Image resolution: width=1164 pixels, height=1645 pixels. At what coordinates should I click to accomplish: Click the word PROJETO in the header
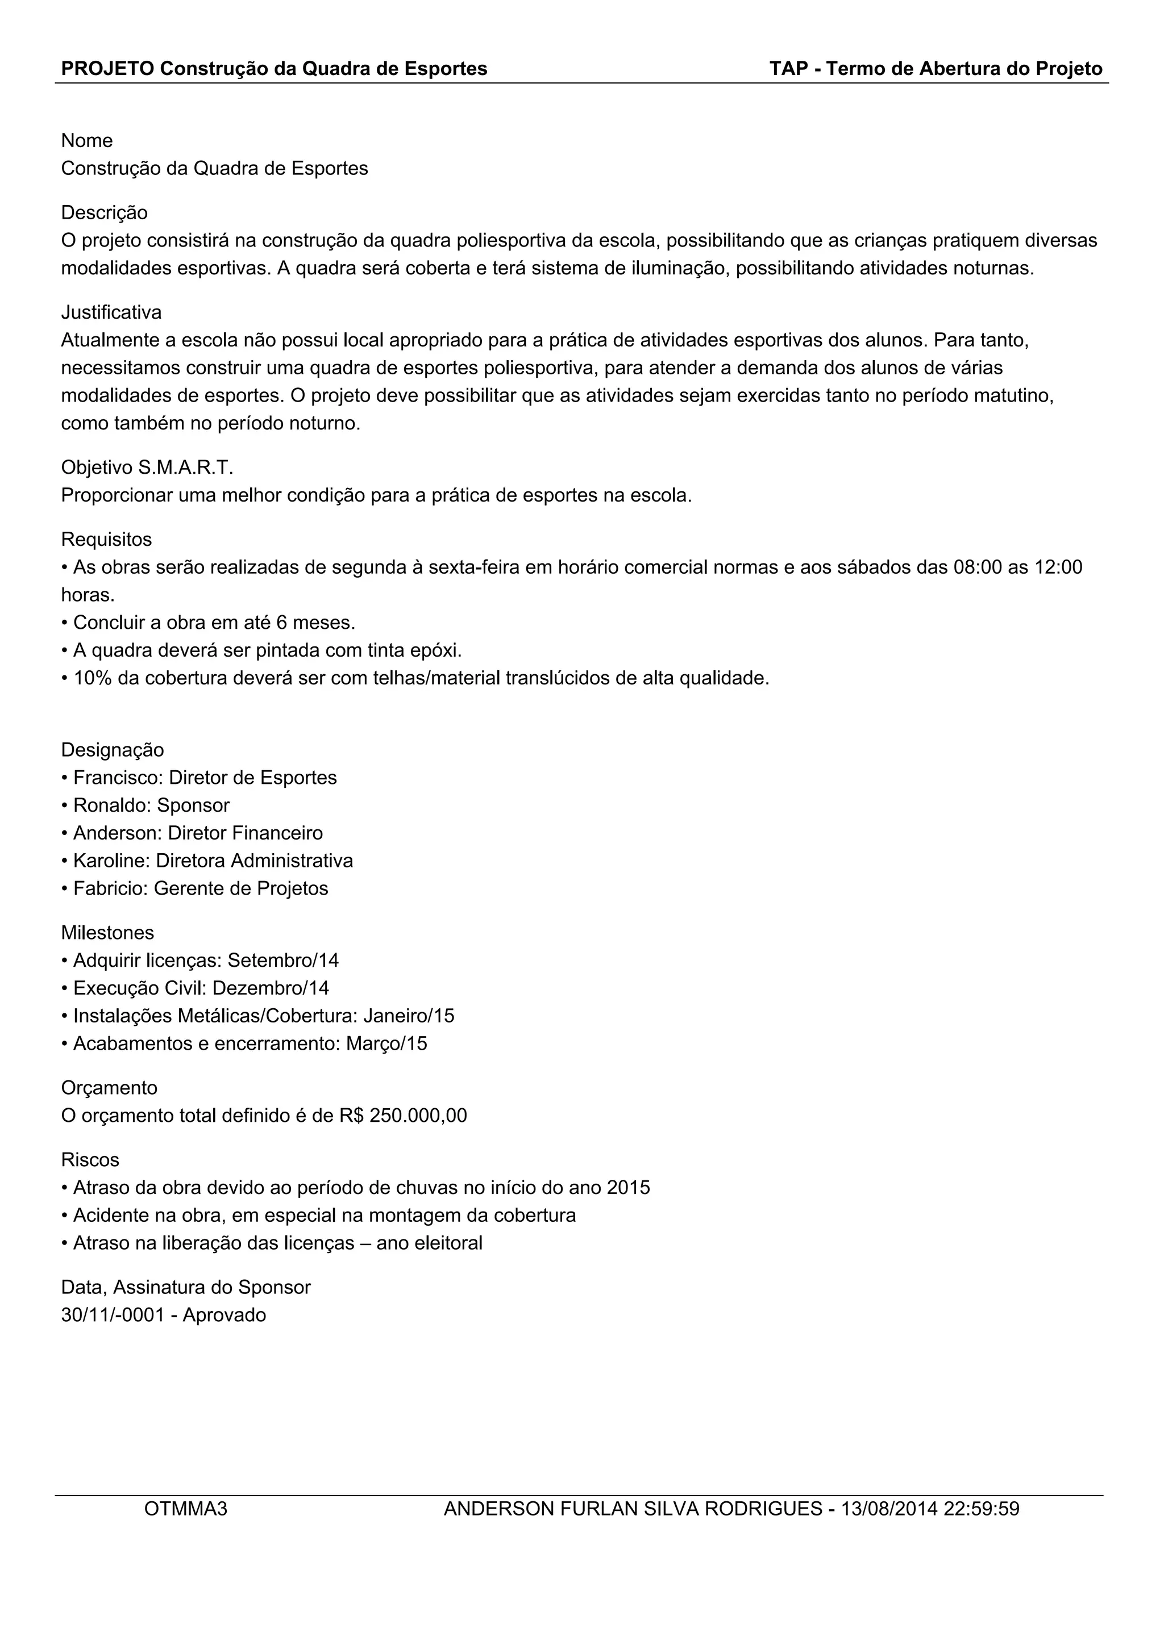click(107, 69)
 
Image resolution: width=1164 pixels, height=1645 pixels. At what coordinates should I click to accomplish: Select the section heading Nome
click(87, 140)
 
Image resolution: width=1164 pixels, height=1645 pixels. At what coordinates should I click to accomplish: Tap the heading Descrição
click(104, 213)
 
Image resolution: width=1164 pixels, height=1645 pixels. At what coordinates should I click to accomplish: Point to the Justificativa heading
click(111, 312)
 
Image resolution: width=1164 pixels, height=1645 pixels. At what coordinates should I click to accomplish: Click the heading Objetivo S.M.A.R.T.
click(147, 468)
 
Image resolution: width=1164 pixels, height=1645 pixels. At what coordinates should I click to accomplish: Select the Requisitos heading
click(106, 540)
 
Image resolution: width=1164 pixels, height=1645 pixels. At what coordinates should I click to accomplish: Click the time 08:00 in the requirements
click(977, 567)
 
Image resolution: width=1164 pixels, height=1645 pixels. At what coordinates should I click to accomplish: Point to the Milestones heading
click(107, 933)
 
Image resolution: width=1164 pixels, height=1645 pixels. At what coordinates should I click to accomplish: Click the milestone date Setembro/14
click(283, 960)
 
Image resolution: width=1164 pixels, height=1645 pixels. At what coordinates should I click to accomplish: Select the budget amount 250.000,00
click(418, 1116)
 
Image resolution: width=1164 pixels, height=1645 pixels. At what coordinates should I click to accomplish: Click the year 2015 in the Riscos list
click(628, 1188)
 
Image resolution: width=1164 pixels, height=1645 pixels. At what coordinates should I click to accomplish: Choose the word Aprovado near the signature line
click(225, 1316)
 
